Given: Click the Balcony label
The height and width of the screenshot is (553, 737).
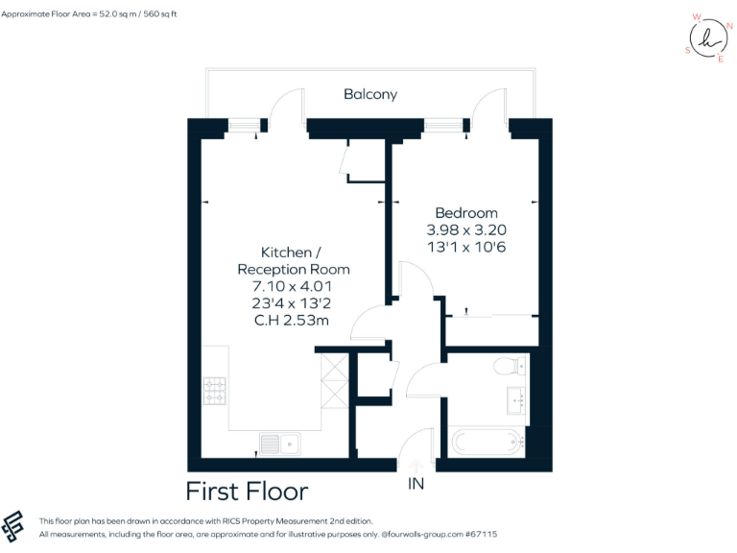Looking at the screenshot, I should [x=369, y=94].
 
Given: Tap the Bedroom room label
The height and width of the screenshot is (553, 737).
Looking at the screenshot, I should [x=466, y=213].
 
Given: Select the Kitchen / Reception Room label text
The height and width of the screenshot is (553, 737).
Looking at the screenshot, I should [x=293, y=260].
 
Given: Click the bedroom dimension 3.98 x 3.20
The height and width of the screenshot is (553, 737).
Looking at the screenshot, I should [x=466, y=230].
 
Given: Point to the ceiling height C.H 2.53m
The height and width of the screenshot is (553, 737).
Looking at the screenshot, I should [x=292, y=321].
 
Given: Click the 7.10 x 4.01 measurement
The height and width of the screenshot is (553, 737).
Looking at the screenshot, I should [x=293, y=286].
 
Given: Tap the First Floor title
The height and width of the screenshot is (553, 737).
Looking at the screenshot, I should [x=247, y=492].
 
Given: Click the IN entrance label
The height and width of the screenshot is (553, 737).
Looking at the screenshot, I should [x=416, y=484].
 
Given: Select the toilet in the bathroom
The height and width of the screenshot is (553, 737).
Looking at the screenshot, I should [x=507, y=365].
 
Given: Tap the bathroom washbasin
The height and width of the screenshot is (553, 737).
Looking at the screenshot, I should [x=516, y=400].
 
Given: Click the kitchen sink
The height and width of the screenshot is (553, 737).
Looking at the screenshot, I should [x=279, y=443].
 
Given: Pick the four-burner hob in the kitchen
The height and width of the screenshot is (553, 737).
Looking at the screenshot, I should [x=214, y=390].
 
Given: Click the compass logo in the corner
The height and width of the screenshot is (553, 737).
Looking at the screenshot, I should [x=708, y=38].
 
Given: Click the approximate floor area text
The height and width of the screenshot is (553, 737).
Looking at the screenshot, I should [x=89, y=14].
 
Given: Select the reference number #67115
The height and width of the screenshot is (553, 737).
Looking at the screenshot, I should [x=477, y=534].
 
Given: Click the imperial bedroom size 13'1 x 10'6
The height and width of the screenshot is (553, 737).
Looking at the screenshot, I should [x=466, y=247].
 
